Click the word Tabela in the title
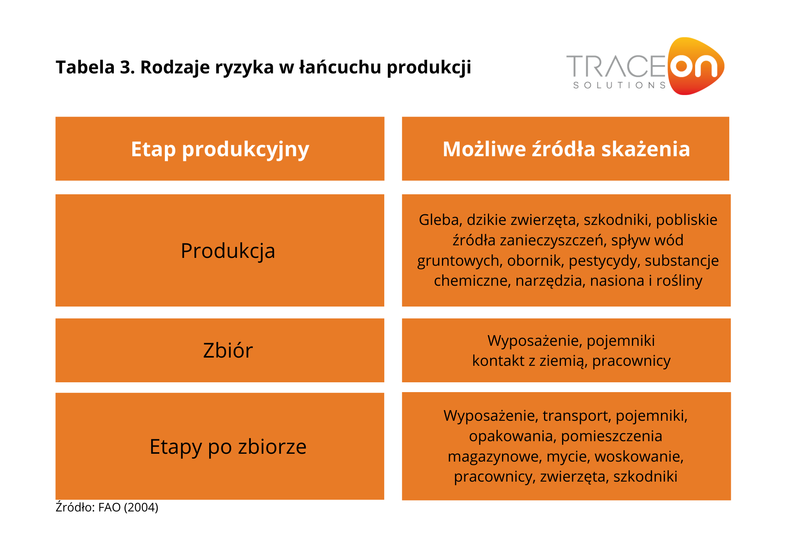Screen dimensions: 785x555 85,67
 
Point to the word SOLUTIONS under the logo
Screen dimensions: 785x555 620,85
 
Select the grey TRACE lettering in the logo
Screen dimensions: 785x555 616,66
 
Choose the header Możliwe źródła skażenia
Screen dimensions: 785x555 566,149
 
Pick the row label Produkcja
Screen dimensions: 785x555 228,251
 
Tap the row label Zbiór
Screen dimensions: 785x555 228,350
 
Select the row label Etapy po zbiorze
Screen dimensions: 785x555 228,447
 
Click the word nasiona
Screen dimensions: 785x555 617,281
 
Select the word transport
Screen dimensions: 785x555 577,416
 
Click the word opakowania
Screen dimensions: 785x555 513,436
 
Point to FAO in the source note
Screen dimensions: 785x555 109,508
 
